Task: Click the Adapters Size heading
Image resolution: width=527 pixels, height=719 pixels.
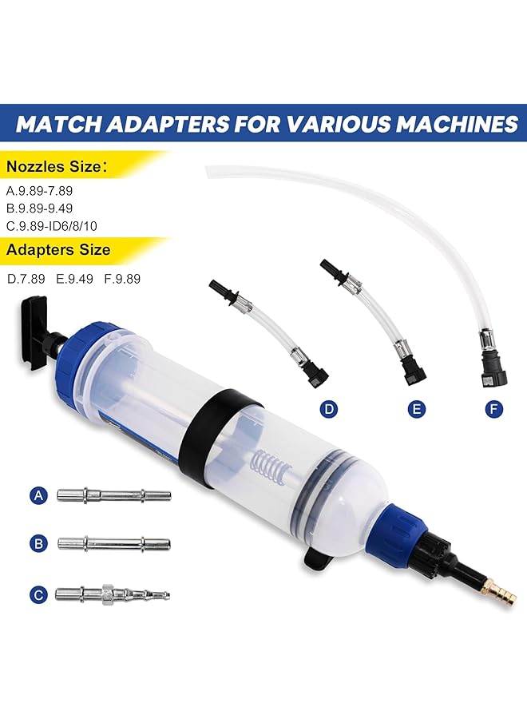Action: [58, 250]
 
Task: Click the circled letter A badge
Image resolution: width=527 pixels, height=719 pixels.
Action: [38, 496]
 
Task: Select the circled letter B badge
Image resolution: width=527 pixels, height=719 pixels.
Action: [38, 544]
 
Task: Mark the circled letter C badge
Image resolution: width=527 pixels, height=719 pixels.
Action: [38, 594]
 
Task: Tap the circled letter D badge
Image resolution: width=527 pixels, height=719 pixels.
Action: [328, 410]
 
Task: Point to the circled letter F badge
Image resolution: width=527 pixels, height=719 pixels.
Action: [496, 410]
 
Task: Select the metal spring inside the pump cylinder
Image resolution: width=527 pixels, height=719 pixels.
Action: [267, 464]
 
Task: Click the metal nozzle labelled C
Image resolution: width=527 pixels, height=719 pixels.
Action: [112, 594]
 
